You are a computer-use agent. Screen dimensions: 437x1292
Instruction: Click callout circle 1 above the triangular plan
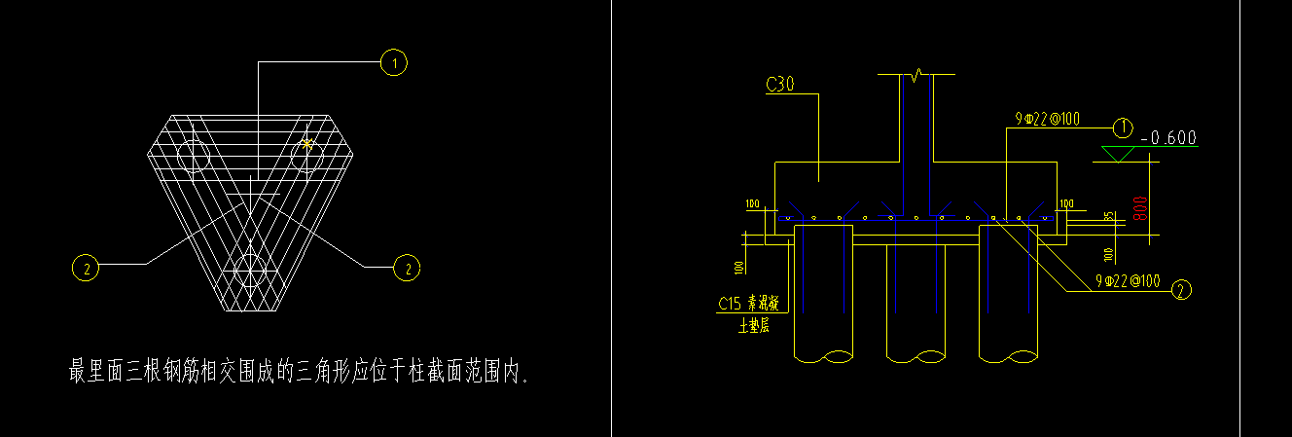tap(394, 63)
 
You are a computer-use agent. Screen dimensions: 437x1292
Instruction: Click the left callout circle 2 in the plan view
tap(86, 267)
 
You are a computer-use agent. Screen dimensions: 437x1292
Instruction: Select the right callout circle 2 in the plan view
tap(407, 267)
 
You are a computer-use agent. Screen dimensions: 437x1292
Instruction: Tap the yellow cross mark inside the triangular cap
tap(307, 144)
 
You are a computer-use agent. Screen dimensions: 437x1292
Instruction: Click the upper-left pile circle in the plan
tap(194, 156)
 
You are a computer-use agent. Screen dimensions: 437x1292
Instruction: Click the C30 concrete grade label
tap(780, 86)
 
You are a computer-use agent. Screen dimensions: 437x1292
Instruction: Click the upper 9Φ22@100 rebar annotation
tap(1044, 120)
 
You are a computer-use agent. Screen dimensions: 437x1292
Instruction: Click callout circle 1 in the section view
tap(1123, 127)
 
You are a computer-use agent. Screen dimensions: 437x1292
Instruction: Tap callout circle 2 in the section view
tap(1182, 289)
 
